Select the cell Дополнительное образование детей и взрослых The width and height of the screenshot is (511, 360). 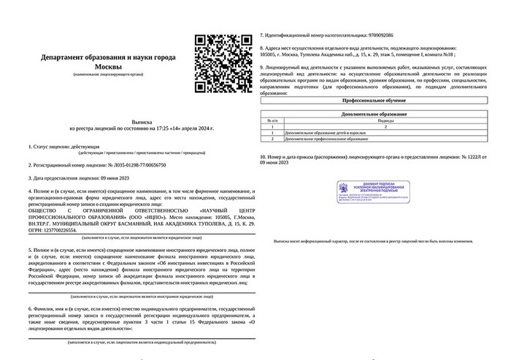[x=326, y=132]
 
